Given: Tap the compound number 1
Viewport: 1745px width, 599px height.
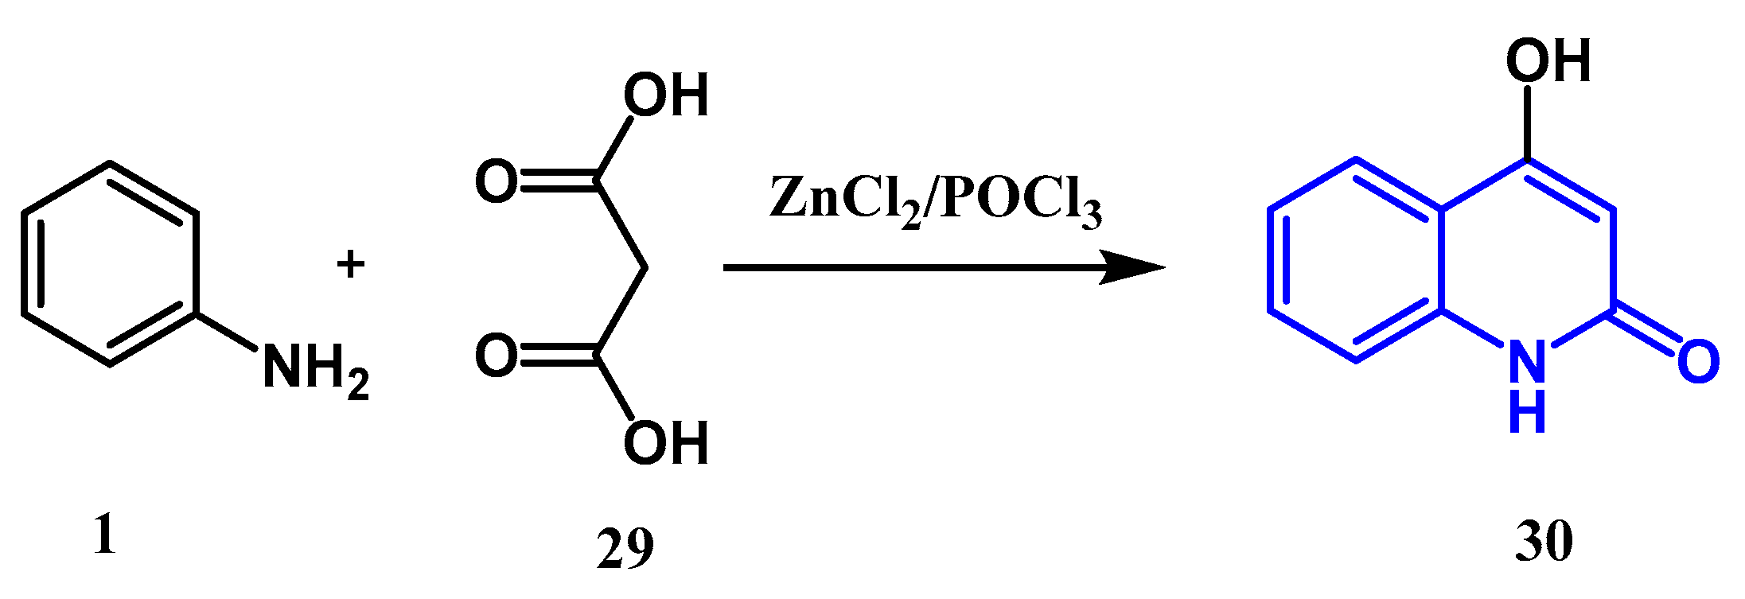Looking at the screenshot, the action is click(x=104, y=535).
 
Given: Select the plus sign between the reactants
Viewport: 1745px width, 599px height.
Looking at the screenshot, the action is click(x=350, y=264).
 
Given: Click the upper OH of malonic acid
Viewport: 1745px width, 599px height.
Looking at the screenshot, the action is click(x=665, y=95).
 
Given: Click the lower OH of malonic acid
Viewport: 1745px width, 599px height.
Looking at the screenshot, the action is click(x=665, y=442).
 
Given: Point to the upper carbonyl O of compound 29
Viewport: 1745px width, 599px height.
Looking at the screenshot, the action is click(x=497, y=181).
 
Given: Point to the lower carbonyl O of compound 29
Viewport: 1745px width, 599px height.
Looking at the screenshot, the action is click(x=497, y=356).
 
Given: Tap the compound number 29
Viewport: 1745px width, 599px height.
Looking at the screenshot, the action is click(x=625, y=547).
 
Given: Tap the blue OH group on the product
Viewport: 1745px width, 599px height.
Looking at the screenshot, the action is click(x=1548, y=60).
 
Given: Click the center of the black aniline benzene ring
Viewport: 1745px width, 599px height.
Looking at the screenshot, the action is click(x=109, y=264).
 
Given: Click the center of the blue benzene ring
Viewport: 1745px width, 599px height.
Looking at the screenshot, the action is click(x=1355, y=259).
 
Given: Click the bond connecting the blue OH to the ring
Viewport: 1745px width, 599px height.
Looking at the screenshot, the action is click(x=1527, y=123).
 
